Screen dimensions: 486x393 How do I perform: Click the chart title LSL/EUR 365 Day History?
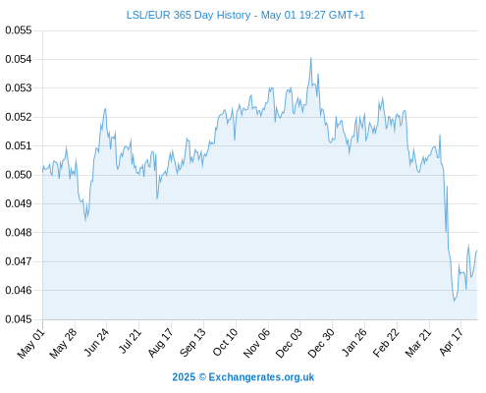pos(189,15)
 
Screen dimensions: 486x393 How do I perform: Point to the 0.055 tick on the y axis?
pos(19,30)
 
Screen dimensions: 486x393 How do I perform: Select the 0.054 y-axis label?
pos(19,59)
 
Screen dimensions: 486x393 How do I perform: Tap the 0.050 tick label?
pos(19,175)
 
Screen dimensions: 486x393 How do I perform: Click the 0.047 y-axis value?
pos(19,261)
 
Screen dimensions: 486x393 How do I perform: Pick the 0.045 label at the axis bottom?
pos(19,319)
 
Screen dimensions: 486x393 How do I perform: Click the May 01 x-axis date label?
pos(30,344)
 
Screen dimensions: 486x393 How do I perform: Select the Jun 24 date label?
pos(96,342)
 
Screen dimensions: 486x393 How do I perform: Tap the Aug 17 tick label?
pos(160,343)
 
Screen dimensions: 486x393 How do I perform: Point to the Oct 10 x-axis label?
pos(225,343)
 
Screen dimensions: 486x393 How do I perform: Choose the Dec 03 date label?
pos(289,343)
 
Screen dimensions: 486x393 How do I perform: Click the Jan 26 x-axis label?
pos(353,343)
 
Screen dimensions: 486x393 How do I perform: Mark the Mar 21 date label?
pos(418,343)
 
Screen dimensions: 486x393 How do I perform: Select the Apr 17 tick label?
pos(451,342)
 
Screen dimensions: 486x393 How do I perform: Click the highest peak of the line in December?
pos(311,58)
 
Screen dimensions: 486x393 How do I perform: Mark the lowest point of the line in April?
pos(454,301)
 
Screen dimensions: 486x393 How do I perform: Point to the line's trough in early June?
pos(85,221)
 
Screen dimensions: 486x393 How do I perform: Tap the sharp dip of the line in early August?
pos(157,198)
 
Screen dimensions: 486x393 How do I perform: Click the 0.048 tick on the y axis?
pos(19,233)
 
